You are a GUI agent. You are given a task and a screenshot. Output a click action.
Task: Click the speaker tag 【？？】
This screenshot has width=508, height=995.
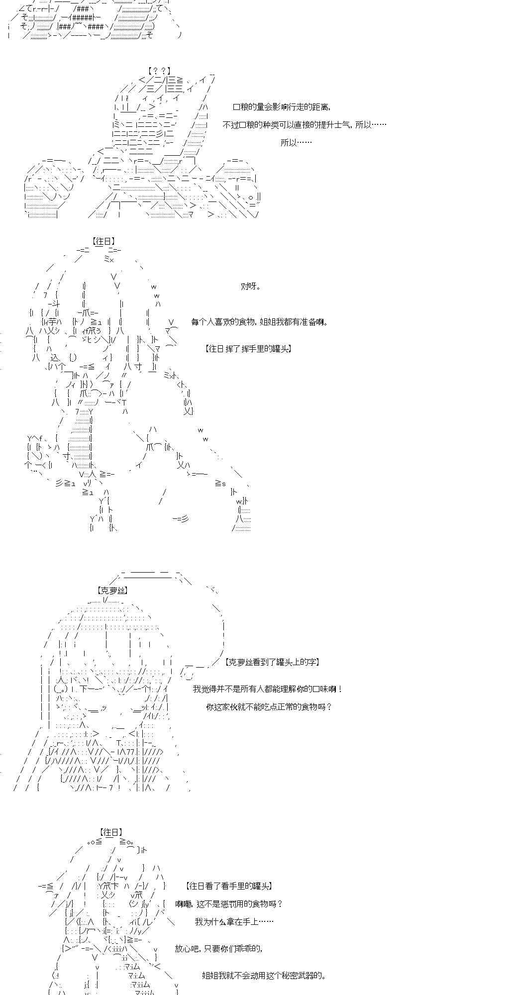[159, 71]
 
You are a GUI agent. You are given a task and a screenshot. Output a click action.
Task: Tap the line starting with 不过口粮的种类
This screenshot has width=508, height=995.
[305, 125]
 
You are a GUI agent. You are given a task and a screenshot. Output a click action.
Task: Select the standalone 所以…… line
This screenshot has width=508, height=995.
[296, 143]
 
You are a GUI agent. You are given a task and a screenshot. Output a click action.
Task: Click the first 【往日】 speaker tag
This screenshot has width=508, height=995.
[104, 242]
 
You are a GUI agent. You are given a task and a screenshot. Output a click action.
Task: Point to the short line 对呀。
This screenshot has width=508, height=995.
[251, 286]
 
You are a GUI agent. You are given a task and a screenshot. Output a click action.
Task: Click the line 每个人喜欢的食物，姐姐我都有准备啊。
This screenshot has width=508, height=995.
[260, 322]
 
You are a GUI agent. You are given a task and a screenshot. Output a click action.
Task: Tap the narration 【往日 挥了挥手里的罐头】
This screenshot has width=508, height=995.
[248, 349]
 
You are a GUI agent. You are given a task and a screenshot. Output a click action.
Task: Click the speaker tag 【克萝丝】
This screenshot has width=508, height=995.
[112, 591]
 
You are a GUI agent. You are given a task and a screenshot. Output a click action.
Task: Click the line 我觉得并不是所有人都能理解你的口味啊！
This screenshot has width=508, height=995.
[268, 689]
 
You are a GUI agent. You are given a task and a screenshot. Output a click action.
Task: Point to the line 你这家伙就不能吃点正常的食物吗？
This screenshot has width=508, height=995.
[269, 706]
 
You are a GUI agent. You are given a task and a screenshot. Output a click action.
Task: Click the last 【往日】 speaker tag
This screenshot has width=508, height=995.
[110, 832]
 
